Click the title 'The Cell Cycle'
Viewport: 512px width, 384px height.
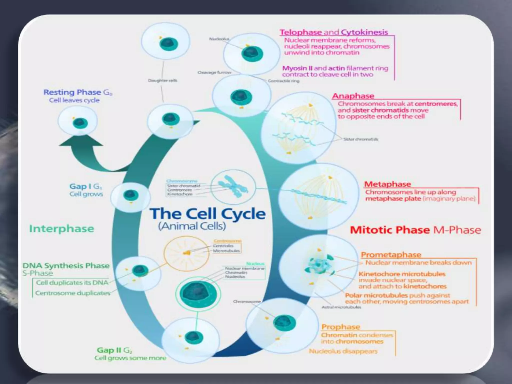click(x=207, y=214)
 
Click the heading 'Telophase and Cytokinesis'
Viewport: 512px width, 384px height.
click(x=334, y=32)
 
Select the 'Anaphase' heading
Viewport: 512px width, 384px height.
click(x=353, y=96)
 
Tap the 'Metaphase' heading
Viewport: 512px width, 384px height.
click(x=387, y=184)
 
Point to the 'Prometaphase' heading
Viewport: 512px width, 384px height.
click(x=391, y=255)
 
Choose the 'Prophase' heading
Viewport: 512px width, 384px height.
click(x=340, y=327)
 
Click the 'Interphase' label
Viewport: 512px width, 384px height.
click(x=61, y=229)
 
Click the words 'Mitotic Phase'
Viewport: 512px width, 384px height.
click(x=389, y=230)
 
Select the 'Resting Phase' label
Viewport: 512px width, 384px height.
click(x=72, y=92)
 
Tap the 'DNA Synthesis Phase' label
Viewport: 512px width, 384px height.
click(x=66, y=265)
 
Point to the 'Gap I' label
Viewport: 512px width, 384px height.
click(x=80, y=186)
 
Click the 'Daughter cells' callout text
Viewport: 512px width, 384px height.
click(x=162, y=80)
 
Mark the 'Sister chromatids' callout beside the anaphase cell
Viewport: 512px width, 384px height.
click(x=360, y=139)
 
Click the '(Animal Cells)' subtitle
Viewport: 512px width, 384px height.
click(x=192, y=226)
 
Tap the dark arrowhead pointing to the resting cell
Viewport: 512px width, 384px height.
click(x=80, y=141)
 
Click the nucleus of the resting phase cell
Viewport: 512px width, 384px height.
click(x=80, y=123)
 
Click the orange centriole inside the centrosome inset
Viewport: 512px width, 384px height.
click(x=187, y=253)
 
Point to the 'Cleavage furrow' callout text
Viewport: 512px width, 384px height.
click(x=214, y=72)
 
